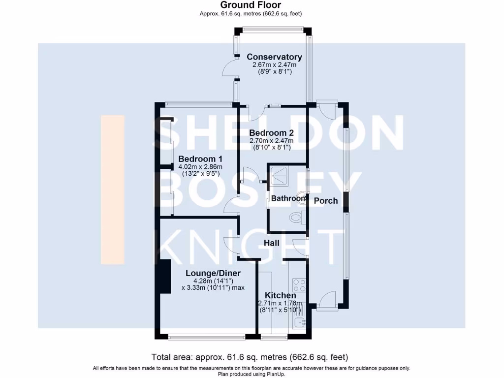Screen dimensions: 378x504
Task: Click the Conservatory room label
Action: (x=274, y=57)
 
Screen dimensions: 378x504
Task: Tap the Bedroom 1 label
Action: (x=200, y=159)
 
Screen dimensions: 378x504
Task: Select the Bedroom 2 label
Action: (x=271, y=133)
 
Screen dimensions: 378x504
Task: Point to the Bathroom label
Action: (x=289, y=198)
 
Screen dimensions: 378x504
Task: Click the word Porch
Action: (x=326, y=200)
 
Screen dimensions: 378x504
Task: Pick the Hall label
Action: (x=271, y=243)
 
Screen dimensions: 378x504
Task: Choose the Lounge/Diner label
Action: (x=213, y=273)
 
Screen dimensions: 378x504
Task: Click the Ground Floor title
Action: (x=251, y=5)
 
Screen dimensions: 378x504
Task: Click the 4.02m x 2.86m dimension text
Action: (x=200, y=167)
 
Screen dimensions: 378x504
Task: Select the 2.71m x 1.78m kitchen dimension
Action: (x=280, y=303)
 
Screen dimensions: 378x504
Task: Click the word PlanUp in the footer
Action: (x=277, y=374)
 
